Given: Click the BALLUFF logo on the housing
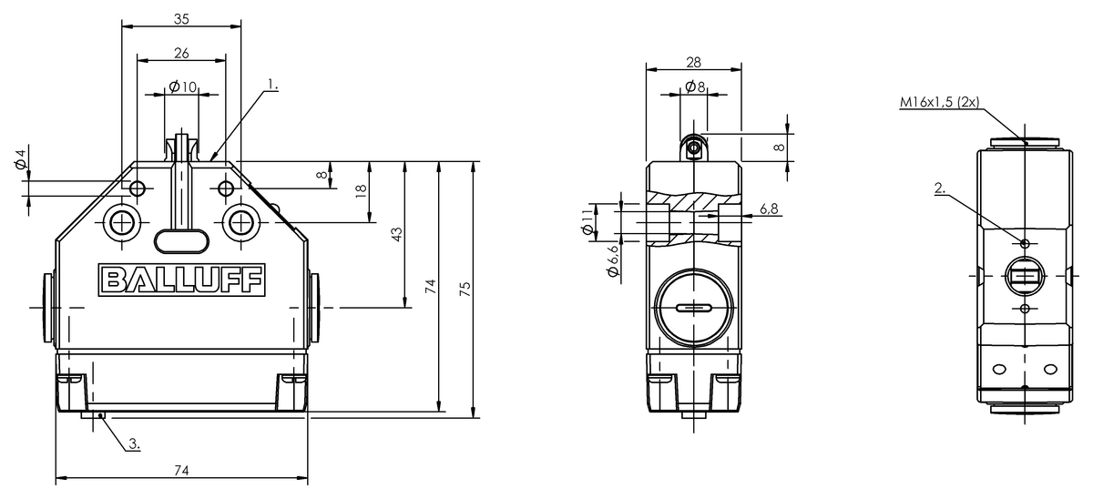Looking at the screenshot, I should click(181, 280).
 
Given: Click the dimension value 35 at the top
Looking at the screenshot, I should click(181, 17).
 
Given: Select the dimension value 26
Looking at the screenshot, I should click(181, 53).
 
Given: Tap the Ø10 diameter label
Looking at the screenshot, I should click(182, 87).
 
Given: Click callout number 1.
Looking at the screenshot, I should click(272, 85).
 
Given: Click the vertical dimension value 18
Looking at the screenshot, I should click(362, 190).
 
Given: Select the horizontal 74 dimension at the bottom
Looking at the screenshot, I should click(181, 470).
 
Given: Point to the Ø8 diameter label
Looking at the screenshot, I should click(694, 87).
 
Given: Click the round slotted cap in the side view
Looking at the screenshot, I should click(692, 310).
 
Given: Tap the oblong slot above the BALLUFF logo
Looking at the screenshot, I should click(181, 239).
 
